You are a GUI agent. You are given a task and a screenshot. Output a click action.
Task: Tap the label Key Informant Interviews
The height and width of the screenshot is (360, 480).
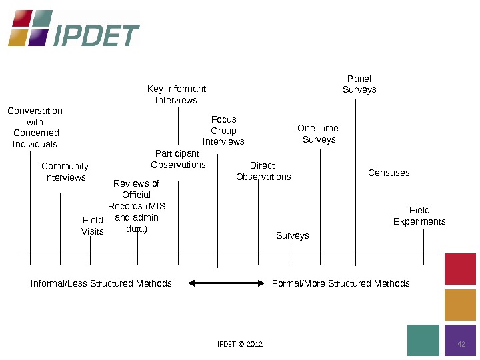(x=177, y=94)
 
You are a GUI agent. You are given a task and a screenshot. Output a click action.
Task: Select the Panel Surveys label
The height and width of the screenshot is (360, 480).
(x=359, y=84)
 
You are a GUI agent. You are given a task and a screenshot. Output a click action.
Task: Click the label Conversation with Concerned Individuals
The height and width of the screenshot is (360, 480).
(x=35, y=127)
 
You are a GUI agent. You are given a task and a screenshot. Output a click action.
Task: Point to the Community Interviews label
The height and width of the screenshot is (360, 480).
(x=65, y=172)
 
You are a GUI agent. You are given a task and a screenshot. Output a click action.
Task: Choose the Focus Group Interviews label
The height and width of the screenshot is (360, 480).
(x=223, y=131)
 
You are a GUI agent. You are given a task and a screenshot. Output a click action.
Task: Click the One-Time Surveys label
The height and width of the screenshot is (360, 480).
(x=318, y=133)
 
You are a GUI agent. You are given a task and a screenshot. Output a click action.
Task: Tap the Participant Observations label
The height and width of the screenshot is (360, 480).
(x=178, y=159)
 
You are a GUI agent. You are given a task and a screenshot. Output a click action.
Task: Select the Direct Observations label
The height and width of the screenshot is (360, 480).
(x=263, y=171)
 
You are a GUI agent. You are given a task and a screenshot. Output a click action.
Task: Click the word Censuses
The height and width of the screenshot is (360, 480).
(x=389, y=173)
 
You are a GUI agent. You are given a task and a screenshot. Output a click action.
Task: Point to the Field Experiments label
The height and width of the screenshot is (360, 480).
(x=419, y=216)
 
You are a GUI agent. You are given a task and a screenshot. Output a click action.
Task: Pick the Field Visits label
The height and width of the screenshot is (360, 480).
(x=93, y=225)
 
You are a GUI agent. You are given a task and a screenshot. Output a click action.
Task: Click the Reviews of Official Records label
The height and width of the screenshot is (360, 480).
(x=137, y=206)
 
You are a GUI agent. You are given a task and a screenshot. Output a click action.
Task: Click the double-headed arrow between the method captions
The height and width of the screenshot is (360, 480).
(x=227, y=283)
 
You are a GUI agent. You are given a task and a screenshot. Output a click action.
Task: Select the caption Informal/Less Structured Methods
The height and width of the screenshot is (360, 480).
(x=101, y=283)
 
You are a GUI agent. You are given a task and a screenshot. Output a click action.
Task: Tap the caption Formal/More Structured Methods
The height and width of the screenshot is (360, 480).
(x=341, y=283)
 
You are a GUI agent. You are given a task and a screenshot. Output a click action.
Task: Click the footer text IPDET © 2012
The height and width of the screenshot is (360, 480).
(x=240, y=344)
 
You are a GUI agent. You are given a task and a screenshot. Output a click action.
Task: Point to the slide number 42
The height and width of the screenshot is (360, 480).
(x=461, y=344)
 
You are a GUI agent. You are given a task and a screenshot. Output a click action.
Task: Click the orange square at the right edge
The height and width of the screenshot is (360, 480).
(x=460, y=305)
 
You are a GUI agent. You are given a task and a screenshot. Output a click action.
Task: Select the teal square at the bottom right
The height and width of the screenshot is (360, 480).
(x=423, y=340)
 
